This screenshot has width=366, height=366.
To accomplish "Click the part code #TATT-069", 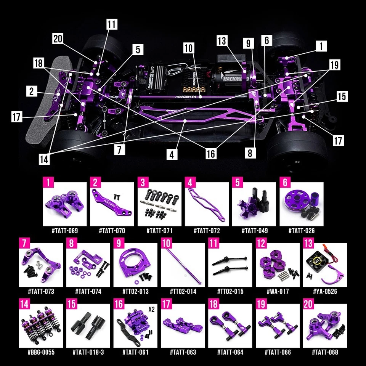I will (x=64, y=231).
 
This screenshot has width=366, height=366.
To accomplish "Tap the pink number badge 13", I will (x=308, y=243).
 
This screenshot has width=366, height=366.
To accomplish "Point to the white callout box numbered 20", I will (x=58, y=39).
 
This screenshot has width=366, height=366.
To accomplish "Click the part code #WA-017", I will (x=278, y=292).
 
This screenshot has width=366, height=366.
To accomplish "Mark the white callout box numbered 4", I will (x=172, y=154).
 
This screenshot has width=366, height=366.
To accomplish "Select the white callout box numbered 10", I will (x=189, y=48).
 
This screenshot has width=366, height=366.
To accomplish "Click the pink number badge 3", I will (x=143, y=182).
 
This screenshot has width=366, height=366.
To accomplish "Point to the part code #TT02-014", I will (x=183, y=292).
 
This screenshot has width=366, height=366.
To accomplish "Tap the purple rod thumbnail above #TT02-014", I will (x=183, y=265).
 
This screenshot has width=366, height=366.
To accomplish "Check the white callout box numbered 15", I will (x=342, y=96).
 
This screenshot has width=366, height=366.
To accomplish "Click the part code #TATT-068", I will (x=325, y=352).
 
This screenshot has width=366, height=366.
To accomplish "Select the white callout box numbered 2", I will (x=32, y=91).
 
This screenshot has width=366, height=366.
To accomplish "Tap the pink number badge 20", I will (x=308, y=304).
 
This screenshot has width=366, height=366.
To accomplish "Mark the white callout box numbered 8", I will (x=250, y=153).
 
